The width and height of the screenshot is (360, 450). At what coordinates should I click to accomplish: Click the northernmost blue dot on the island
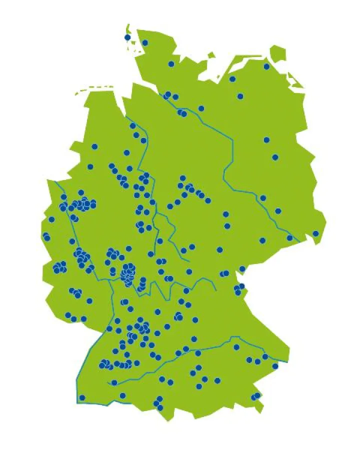[x=127, y=37]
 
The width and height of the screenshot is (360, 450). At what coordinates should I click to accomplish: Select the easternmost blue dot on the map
[x=315, y=233]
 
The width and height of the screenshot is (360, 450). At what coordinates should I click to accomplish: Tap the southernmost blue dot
[x=160, y=407]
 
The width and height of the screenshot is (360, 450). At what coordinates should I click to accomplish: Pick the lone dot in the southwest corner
[x=82, y=397]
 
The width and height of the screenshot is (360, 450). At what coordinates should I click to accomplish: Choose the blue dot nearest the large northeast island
[x=266, y=66]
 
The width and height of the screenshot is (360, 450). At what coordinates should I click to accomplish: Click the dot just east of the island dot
[x=145, y=42]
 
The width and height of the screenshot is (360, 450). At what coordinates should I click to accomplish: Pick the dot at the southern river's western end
[x=114, y=382]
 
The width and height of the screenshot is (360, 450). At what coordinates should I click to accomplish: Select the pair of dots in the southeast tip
[x=255, y=396]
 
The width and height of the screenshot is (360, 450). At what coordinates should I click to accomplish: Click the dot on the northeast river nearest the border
[x=289, y=237]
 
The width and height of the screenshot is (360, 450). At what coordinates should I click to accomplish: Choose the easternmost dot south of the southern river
[x=275, y=366]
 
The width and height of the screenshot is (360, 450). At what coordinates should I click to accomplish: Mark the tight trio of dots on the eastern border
[x=239, y=289]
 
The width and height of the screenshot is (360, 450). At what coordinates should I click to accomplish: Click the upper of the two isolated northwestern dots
[x=94, y=146]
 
